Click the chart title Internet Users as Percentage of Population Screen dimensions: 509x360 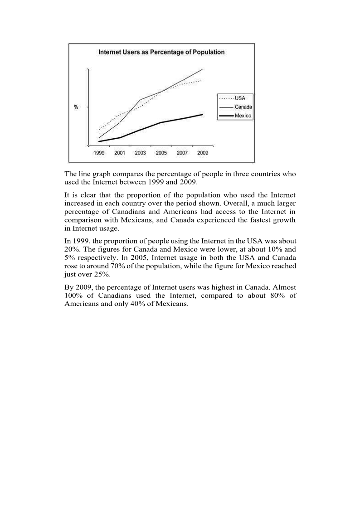(x=161, y=52)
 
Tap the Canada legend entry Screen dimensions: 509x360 (x=243, y=107)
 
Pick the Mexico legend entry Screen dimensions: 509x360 (x=243, y=116)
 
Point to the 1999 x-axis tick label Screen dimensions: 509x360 (x=99, y=153)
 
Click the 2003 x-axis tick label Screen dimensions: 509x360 (x=141, y=153)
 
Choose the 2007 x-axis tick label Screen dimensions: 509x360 (x=182, y=153)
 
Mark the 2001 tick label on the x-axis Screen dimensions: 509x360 (x=120, y=153)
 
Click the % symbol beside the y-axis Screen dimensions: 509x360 (x=76, y=107)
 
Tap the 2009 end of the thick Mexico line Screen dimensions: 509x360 (x=202, y=114)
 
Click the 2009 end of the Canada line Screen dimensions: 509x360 (x=202, y=69)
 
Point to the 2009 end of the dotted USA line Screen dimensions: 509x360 (x=201, y=81)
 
